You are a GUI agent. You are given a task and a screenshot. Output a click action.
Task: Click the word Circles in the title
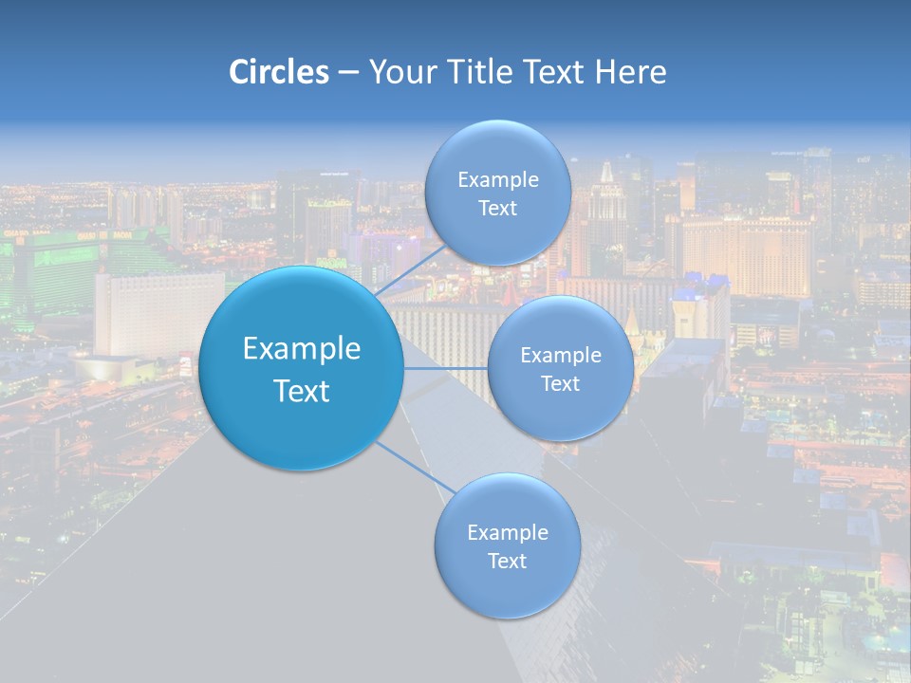(279, 72)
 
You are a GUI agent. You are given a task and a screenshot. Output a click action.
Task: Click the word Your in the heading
(400, 72)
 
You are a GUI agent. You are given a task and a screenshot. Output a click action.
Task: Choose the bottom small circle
(508, 588)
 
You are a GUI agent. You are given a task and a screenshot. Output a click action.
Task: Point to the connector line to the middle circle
(446, 367)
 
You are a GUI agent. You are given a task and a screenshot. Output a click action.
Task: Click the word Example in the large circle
(302, 349)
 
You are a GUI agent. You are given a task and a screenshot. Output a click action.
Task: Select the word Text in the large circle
(302, 391)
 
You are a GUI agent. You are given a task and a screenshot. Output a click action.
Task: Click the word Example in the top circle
(498, 180)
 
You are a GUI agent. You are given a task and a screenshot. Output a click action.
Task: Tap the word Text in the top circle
(498, 209)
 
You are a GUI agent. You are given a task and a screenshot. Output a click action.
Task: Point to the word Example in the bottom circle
(508, 533)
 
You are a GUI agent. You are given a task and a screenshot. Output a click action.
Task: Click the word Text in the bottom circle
(508, 562)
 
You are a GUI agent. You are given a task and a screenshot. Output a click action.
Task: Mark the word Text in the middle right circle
(561, 384)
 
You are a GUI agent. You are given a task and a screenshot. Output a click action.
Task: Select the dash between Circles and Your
(348, 73)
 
